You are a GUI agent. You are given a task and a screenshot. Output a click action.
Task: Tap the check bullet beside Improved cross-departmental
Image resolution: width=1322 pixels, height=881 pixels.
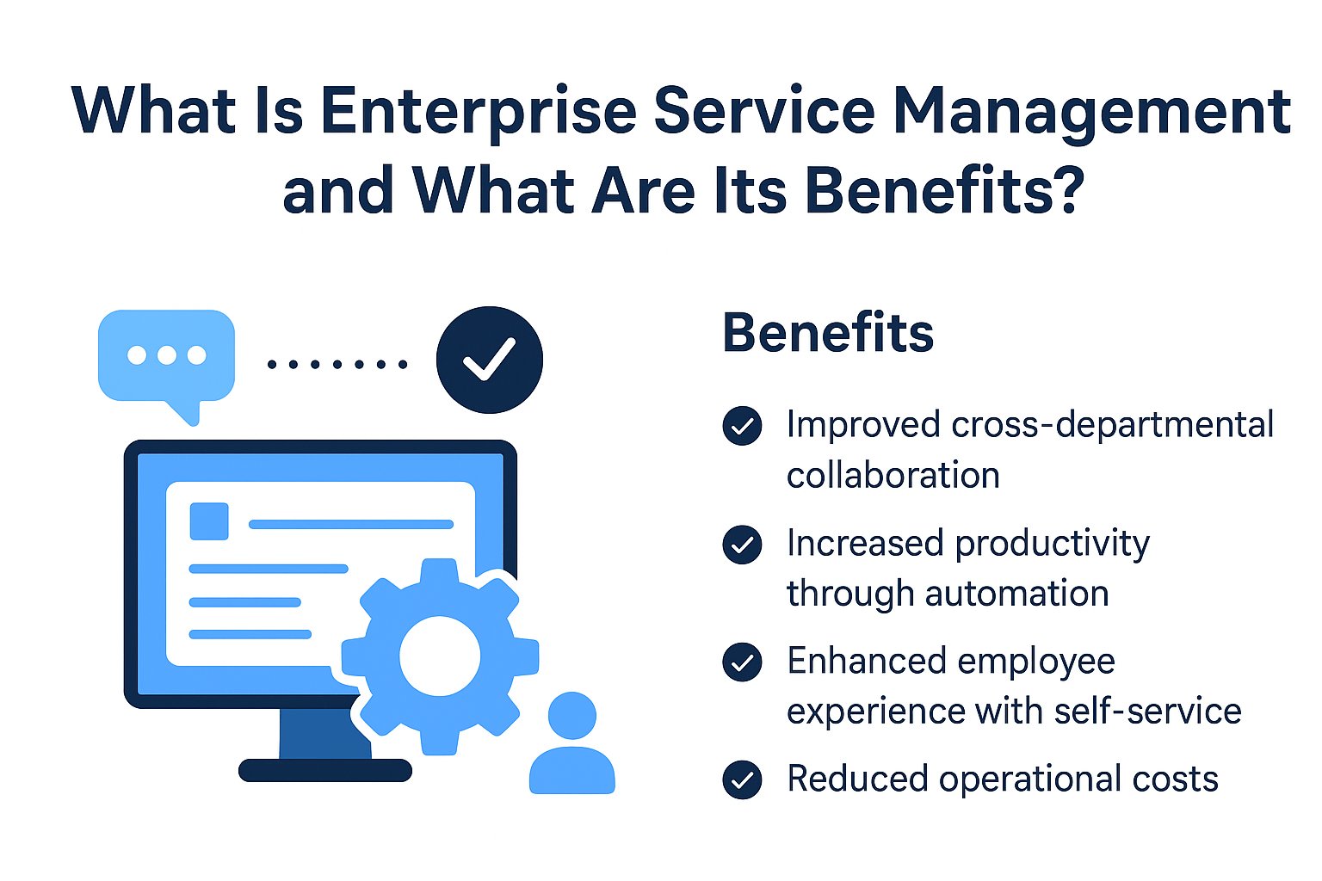742,426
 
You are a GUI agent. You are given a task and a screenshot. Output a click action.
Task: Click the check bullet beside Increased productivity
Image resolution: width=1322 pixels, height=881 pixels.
742,544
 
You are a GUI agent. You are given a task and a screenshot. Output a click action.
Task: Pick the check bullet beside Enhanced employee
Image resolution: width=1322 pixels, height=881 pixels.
742,662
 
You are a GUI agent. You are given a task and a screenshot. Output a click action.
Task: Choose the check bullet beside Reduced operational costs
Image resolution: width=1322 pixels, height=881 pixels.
742,779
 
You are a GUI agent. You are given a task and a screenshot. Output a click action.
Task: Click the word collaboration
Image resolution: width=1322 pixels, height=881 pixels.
893,475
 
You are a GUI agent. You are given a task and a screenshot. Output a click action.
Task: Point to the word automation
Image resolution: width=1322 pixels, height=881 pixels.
1016,593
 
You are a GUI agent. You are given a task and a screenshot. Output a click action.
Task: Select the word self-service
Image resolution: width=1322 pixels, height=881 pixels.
1148,711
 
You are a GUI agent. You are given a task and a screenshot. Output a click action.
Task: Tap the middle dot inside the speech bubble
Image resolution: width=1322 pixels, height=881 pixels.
166,355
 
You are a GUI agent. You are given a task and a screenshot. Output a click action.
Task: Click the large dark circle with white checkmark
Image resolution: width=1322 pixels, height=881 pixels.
489,360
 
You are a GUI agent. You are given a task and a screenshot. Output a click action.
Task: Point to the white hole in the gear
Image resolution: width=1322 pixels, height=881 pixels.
440,656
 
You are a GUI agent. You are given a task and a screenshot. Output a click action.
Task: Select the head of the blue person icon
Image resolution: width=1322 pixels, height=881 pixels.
571,715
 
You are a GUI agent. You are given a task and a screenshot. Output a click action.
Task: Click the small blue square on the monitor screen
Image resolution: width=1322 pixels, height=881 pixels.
209,521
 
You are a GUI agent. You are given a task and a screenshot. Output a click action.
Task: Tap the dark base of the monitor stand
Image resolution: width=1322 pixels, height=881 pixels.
325,770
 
